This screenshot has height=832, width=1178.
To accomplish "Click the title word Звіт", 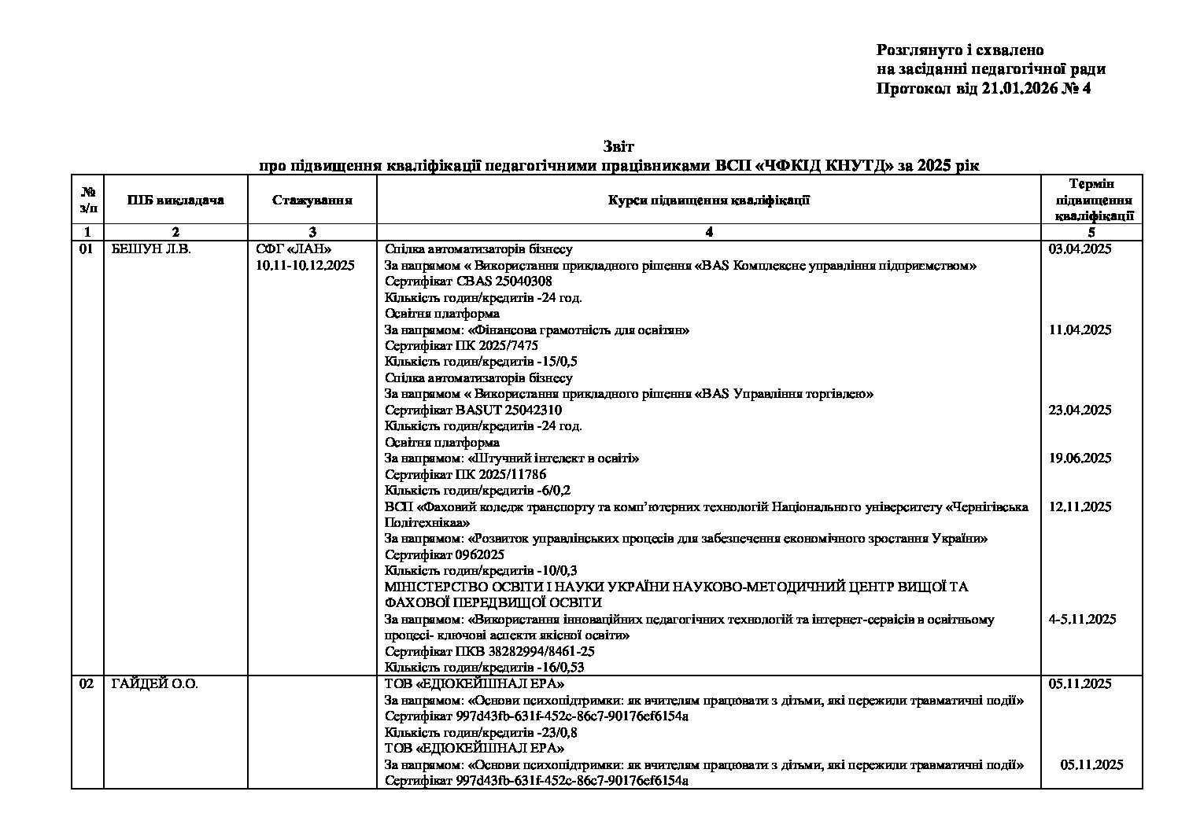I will [619, 147].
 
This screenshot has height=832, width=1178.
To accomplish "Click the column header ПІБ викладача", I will [175, 200].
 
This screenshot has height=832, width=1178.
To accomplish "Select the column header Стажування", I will [312, 200].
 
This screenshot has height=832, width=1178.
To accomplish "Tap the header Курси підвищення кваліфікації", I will [708, 200].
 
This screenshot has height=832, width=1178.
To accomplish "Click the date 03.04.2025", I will [1080, 249].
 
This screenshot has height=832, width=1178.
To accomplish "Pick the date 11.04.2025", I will [1080, 329].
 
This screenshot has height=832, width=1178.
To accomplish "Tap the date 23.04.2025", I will [1080, 410].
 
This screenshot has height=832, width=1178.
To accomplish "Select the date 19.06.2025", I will [1080, 458].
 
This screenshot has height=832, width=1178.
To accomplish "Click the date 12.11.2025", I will [1080, 506].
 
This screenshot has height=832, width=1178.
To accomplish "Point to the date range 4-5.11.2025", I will [1082, 619].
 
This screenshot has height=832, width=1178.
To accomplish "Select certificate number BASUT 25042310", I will [508, 410].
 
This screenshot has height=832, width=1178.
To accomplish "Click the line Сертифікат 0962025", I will [444, 554].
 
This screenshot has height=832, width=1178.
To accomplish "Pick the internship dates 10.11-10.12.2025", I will [305, 266].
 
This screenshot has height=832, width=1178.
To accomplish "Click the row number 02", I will [87, 684].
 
